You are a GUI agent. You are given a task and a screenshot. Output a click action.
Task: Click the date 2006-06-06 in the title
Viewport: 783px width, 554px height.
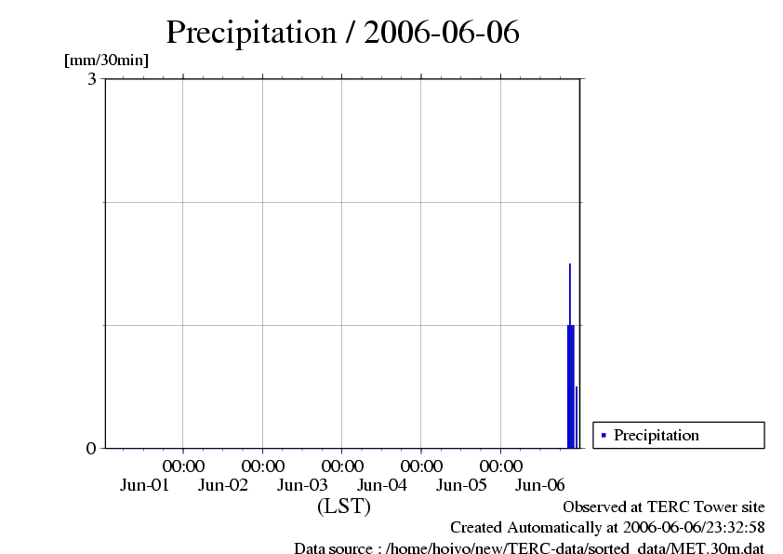[x=442, y=33]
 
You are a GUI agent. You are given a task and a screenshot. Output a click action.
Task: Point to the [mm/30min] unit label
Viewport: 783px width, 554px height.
[x=106, y=61]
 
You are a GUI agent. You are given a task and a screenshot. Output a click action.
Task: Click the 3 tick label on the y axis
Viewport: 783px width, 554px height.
[x=92, y=79]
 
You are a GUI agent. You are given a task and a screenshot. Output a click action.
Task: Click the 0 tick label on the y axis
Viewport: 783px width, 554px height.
[x=91, y=449]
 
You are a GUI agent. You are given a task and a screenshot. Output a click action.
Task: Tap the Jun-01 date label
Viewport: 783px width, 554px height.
[x=144, y=485]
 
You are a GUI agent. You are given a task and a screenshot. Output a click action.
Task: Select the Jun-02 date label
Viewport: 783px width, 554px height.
[x=224, y=485]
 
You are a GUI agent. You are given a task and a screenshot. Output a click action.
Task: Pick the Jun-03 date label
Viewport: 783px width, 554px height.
[x=303, y=485]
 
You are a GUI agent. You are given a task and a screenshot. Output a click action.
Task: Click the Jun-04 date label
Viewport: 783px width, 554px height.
[x=383, y=485]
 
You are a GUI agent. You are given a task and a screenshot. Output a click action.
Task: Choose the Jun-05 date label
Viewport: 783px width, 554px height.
[x=462, y=485]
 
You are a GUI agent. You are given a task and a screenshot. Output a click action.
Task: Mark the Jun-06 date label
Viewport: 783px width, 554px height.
[x=540, y=485]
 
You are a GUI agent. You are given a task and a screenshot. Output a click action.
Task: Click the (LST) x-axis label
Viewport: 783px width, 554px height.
[x=344, y=507]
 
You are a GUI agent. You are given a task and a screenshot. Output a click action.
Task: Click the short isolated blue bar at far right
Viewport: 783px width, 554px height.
[x=577, y=417]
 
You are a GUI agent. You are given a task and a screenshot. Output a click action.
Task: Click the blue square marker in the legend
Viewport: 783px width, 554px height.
[x=604, y=435]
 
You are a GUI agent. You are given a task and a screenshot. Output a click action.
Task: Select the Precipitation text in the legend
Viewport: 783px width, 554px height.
[x=657, y=435]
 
